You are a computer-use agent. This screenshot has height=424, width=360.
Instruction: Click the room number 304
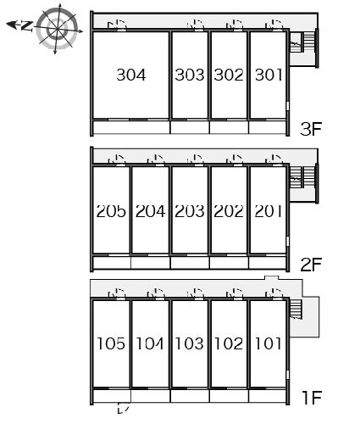click(x=131, y=75)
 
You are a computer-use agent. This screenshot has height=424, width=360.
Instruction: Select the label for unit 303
click(x=190, y=75)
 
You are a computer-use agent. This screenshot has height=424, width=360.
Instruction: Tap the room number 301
click(x=269, y=75)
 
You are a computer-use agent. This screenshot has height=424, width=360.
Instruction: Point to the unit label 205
click(x=111, y=211)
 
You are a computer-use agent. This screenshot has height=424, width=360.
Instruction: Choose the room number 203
click(x=190, y=211)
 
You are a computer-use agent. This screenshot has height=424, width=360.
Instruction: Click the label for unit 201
click(x=269, y=211)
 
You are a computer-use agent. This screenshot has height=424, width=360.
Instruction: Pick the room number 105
click(x=111, y=343)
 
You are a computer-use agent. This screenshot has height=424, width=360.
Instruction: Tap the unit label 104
click(x=150, y=343)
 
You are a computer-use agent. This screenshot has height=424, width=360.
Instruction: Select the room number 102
click(x=229, y=343)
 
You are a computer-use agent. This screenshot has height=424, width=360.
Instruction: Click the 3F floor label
click(x=311, y=130)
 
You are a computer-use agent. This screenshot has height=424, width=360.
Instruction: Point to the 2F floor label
click(x=311, y=265)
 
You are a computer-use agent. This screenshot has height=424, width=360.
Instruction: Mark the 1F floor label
click(x=312, y=398)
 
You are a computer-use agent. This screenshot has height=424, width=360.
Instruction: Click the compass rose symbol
click(x=58, y=29)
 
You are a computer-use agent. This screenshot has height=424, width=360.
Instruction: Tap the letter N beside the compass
click(x=27, y=25)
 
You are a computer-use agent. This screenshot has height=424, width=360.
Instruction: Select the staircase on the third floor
click(x=302, y=42)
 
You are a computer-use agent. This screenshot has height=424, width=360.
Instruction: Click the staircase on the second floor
click(x=302, y=177)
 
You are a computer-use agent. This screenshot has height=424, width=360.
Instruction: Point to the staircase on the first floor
click(x=296, y=310)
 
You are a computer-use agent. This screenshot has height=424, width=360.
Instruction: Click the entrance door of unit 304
click(x=117, y=25)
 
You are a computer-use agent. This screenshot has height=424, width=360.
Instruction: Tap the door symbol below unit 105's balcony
click(x=124, y=408)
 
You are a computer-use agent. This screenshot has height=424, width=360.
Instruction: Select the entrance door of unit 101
click(x=274, y=293)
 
